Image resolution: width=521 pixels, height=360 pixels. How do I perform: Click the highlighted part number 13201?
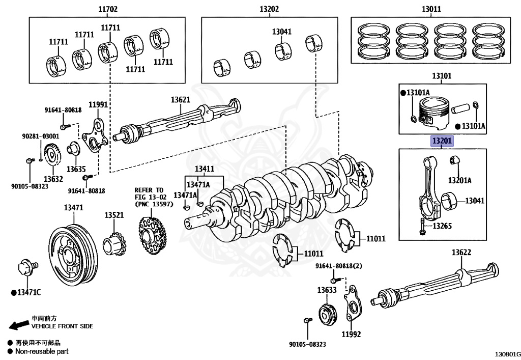pyautogui.click(x=442, y=141)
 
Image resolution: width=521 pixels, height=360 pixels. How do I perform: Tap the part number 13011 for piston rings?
pyautogui.click(x=431, y=9)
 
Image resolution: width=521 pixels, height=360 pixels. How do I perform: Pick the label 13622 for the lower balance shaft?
pyautogui.click(x=461, y=253)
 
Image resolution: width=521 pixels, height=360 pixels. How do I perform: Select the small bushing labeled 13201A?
pyautogui.click(x=454, y=162)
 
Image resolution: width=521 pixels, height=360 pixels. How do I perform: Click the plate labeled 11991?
pyautogui.click(x=95, y=134)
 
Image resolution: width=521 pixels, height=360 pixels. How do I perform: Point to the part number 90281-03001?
pyautogui.click(x=40, y=136)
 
